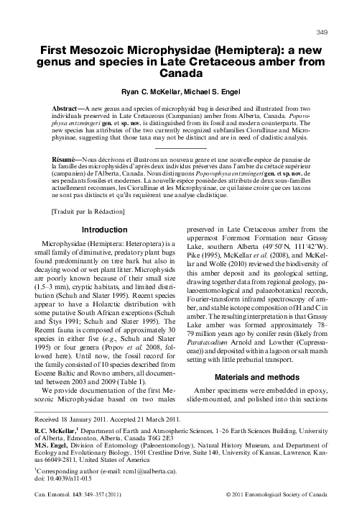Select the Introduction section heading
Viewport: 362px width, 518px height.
point(106,230)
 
